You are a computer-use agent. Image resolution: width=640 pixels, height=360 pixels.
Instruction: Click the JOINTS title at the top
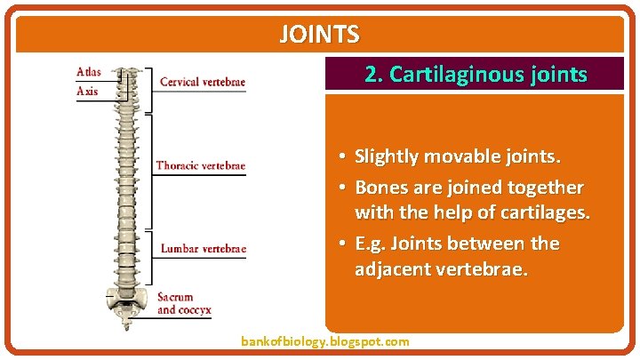(319, 35)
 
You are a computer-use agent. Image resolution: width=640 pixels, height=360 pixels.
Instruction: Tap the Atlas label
(89, 72)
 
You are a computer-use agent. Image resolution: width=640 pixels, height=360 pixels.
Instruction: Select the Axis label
(88, 91)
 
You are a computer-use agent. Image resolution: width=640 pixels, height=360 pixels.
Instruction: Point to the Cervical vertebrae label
(202, 83)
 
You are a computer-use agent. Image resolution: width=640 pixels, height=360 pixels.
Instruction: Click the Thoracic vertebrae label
(200, 165)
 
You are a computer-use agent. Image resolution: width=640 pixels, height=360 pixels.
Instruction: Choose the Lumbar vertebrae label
(203, 249)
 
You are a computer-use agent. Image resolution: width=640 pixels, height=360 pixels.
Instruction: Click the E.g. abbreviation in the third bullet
(372, 243)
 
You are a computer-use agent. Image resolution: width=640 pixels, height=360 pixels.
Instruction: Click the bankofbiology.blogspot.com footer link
(325, 341)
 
